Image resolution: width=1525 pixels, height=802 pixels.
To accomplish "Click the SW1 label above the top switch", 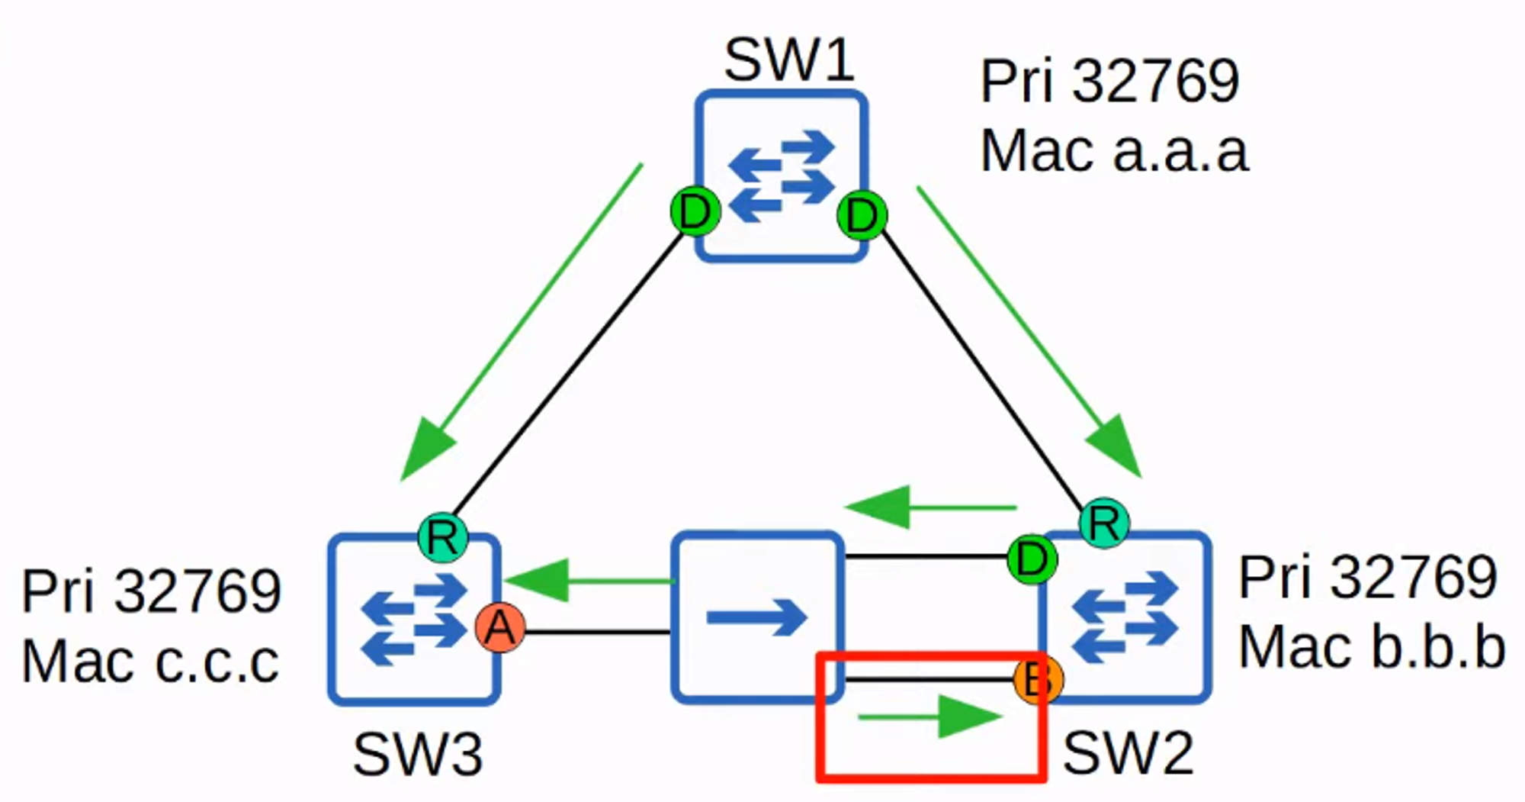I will (788, 60).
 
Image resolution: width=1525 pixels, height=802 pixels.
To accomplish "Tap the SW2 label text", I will (1128, 754).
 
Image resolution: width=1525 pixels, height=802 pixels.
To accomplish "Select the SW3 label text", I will (417, 755).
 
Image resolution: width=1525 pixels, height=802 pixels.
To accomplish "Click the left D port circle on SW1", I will (695, 212).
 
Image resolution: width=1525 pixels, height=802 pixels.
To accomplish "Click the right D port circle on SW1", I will (862, 216).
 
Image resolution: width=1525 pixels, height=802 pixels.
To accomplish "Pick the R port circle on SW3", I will (443, 537).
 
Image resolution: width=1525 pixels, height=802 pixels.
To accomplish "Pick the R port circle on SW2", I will (1104, 523).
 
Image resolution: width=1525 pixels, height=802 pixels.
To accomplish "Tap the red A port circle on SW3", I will (500, 628).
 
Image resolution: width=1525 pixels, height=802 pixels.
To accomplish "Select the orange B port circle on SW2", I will (1038, 678).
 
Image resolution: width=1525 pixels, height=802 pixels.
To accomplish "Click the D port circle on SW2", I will (1032, 560).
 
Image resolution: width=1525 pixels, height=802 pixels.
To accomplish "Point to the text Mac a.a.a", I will (1113, 152).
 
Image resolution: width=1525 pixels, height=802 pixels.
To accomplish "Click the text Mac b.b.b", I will (1371, 648).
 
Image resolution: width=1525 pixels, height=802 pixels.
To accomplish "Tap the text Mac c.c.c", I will (150, 662).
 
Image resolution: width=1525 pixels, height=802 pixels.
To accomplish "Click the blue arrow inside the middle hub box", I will (756, 617).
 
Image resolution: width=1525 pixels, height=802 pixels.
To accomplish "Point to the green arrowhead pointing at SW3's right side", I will (538, 581).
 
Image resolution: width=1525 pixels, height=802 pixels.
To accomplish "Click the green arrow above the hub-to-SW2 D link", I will (930, 507).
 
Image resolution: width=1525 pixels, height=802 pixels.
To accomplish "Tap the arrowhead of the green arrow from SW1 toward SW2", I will (1116, 447).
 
